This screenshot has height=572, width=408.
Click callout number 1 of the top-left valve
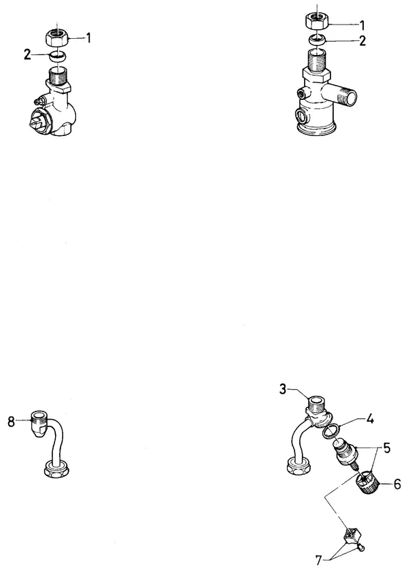coord(88,37)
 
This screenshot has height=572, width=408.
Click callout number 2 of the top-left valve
coord(27,55)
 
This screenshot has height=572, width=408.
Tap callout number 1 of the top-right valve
coord(362,25)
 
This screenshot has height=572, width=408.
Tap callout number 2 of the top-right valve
coord(362,41)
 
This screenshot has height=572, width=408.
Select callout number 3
coord(283,389)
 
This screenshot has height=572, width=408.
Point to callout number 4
coord(370,420)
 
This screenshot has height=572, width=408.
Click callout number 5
coord(386,448)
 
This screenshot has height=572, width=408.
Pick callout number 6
coord(397,484)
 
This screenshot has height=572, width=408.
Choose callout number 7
coord(319,559)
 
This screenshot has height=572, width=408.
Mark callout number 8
coord(12,422)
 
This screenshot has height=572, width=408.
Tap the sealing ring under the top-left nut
coord(58,56)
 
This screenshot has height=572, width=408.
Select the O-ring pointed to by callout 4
coord(330,431)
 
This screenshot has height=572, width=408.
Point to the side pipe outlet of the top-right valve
coord(342,94)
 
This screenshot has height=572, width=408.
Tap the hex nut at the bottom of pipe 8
coord(56,469)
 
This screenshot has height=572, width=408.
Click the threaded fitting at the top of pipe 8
coord(39,423)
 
